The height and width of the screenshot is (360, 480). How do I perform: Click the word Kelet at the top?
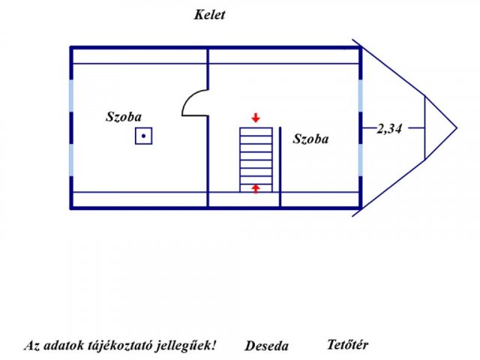point(209,15)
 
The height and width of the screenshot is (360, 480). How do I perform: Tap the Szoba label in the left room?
point(124,117)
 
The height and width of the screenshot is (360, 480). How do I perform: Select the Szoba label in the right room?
point(311,139)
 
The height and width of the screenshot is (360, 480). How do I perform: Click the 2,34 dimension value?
point(390,128)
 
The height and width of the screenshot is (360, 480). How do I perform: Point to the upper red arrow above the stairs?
point(256,118)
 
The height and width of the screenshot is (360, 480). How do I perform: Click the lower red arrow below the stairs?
point(256,188)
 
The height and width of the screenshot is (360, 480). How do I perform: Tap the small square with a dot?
point(144,136)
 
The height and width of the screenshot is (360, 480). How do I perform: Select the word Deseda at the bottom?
point(266,346)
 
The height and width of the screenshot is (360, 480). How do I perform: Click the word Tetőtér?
point(348,345)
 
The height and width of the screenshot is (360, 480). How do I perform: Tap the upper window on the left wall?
point(72,97)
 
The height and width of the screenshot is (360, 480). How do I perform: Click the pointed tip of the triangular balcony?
point(456,128)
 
